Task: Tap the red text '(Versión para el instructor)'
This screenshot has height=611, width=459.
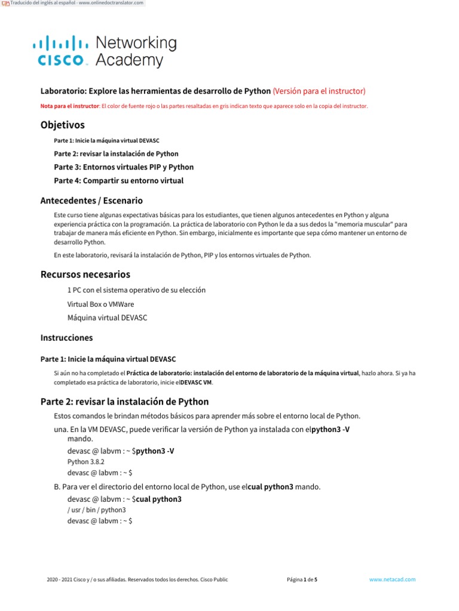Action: (x=319, y=91)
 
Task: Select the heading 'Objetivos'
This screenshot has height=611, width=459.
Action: (x=62, y=125)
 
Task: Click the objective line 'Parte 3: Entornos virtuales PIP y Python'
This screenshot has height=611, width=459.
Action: (x=124, y=167)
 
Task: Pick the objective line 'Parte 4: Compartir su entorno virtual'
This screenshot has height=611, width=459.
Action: (x=118, y=180)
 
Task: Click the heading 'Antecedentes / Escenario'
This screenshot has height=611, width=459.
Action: (x=91, y=200)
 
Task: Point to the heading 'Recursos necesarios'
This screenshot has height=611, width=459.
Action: (x=85, y=274)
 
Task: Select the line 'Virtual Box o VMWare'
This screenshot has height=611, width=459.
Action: (x=100, y=304)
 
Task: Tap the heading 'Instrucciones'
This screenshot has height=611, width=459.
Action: (x=66, y=338)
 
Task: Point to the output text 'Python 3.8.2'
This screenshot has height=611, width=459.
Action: (x=86, y=462)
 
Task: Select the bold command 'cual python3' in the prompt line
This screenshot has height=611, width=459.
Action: (x=159, y=499)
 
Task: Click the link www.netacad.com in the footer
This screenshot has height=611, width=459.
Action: (x=392, y=579)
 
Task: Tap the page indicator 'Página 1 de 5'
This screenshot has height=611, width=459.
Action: (x=302, y=579)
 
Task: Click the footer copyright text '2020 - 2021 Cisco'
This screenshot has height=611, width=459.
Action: (x=78, y=579)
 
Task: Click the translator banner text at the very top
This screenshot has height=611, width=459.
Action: (x=76, y=3)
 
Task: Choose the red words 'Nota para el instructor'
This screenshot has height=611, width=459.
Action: (x=69, y=106)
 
